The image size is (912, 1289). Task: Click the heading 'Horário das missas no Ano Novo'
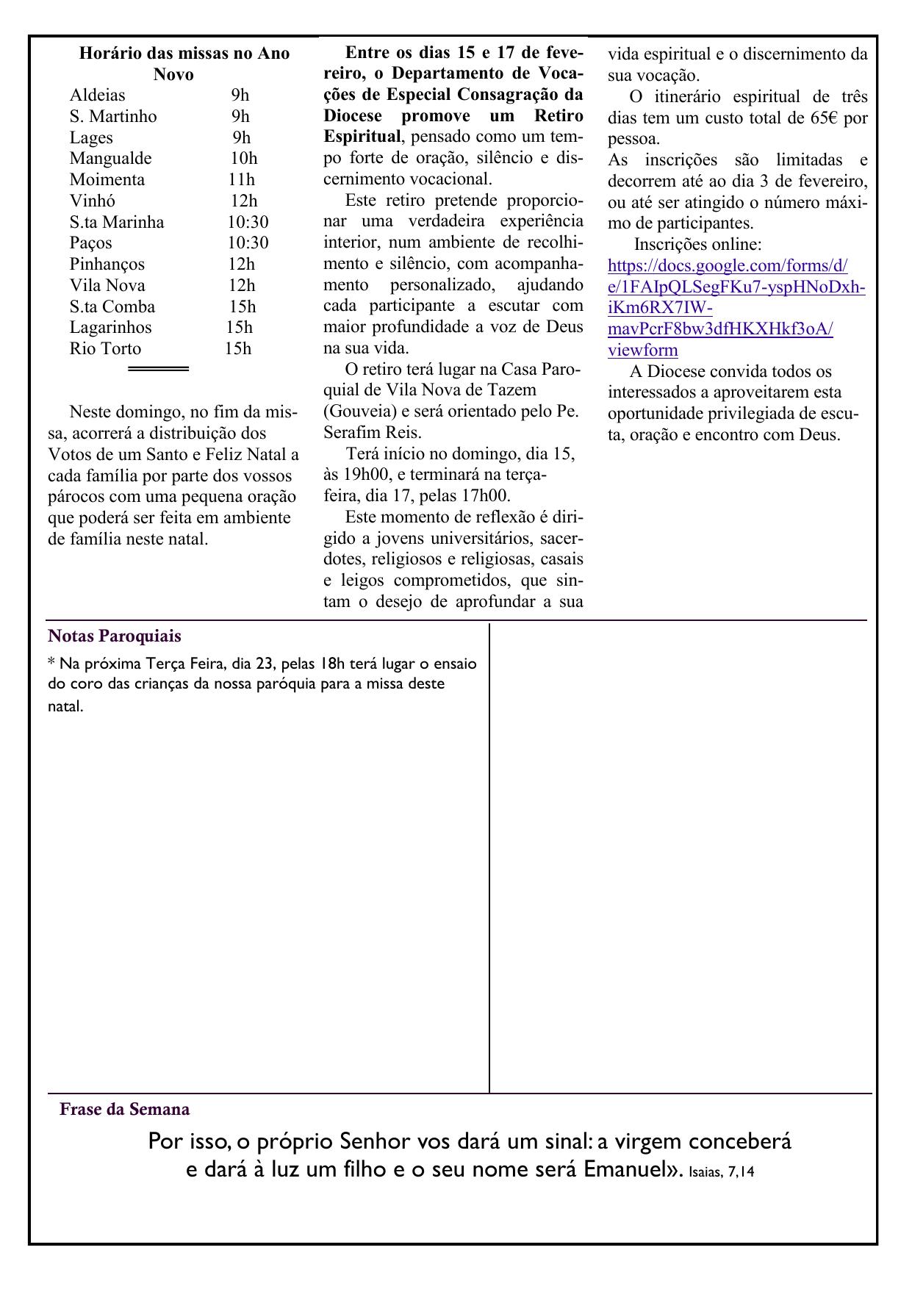(184, 64)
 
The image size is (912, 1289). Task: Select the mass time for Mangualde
(243, 159)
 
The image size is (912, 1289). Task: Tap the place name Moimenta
(107, 180)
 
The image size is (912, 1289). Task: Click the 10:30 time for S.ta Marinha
(248, 222)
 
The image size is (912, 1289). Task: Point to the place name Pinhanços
(107, 265)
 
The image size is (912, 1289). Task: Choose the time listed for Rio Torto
(238, 349)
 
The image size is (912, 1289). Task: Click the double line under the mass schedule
(158, 369)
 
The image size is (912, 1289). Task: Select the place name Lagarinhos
(110, 328)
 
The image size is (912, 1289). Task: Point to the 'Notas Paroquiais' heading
(114, 636)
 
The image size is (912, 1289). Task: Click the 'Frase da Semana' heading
(124, 1110)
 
